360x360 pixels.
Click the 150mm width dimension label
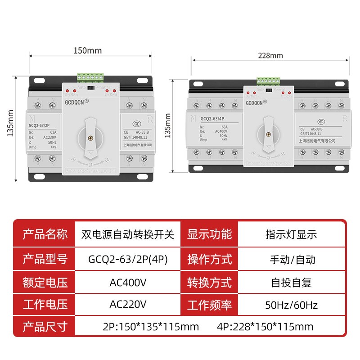(x=88, y=50)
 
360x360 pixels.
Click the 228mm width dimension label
(x=270, y=56)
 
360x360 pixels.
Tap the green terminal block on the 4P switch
(x=268, y=81)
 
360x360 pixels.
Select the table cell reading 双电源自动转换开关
(x=128, y=234)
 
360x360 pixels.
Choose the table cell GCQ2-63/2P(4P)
(x=128, y=259)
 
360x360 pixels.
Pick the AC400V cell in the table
(x=128, y=283)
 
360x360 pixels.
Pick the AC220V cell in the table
(x=128, y=305)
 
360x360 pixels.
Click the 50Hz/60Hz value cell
(x=291, y=305)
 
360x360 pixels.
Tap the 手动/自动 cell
(x=291, y=259)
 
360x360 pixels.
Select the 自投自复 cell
(x=291, y=283)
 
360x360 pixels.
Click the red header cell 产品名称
(x=45, y=234)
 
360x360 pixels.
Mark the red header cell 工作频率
(x=209, y=305)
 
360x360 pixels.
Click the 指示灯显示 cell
(x=291, y=234)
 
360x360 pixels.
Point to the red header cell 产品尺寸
(x=45, y=326)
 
